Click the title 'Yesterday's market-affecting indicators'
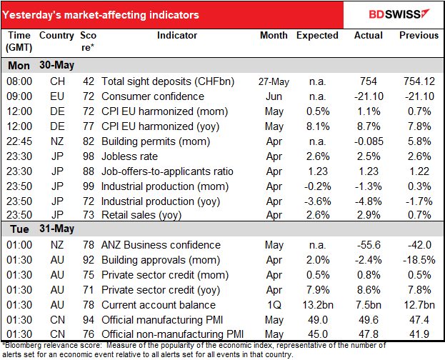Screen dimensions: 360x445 (103, 14)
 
